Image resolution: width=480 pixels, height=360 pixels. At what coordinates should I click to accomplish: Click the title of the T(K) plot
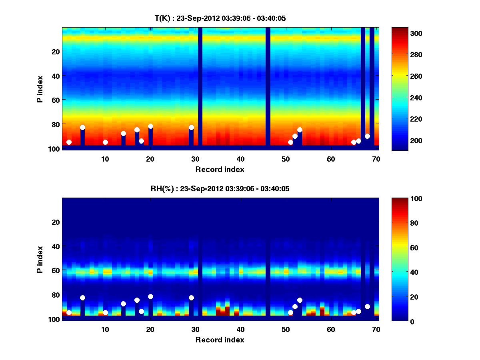tap(220, 18)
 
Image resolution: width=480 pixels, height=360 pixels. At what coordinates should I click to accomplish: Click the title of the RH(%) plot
tap(220, 188)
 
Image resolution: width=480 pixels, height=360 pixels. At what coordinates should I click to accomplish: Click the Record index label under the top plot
tap(220, 169)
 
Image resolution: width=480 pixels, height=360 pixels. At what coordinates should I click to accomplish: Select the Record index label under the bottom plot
tap(220, 340)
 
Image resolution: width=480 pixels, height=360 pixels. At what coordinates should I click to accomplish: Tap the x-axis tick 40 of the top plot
tap(240, 158)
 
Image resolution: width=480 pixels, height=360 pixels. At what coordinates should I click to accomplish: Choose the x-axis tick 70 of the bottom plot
tap(376, 329)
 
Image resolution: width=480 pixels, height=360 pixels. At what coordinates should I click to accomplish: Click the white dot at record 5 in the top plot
tap(82, 127)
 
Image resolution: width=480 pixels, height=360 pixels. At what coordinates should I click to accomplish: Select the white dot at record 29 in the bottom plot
tap(191, 298)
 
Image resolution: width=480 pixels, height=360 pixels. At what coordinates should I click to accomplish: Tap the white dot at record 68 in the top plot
tap(367, 136)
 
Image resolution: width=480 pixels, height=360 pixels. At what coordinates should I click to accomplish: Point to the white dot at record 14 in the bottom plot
tap(123, 304)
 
